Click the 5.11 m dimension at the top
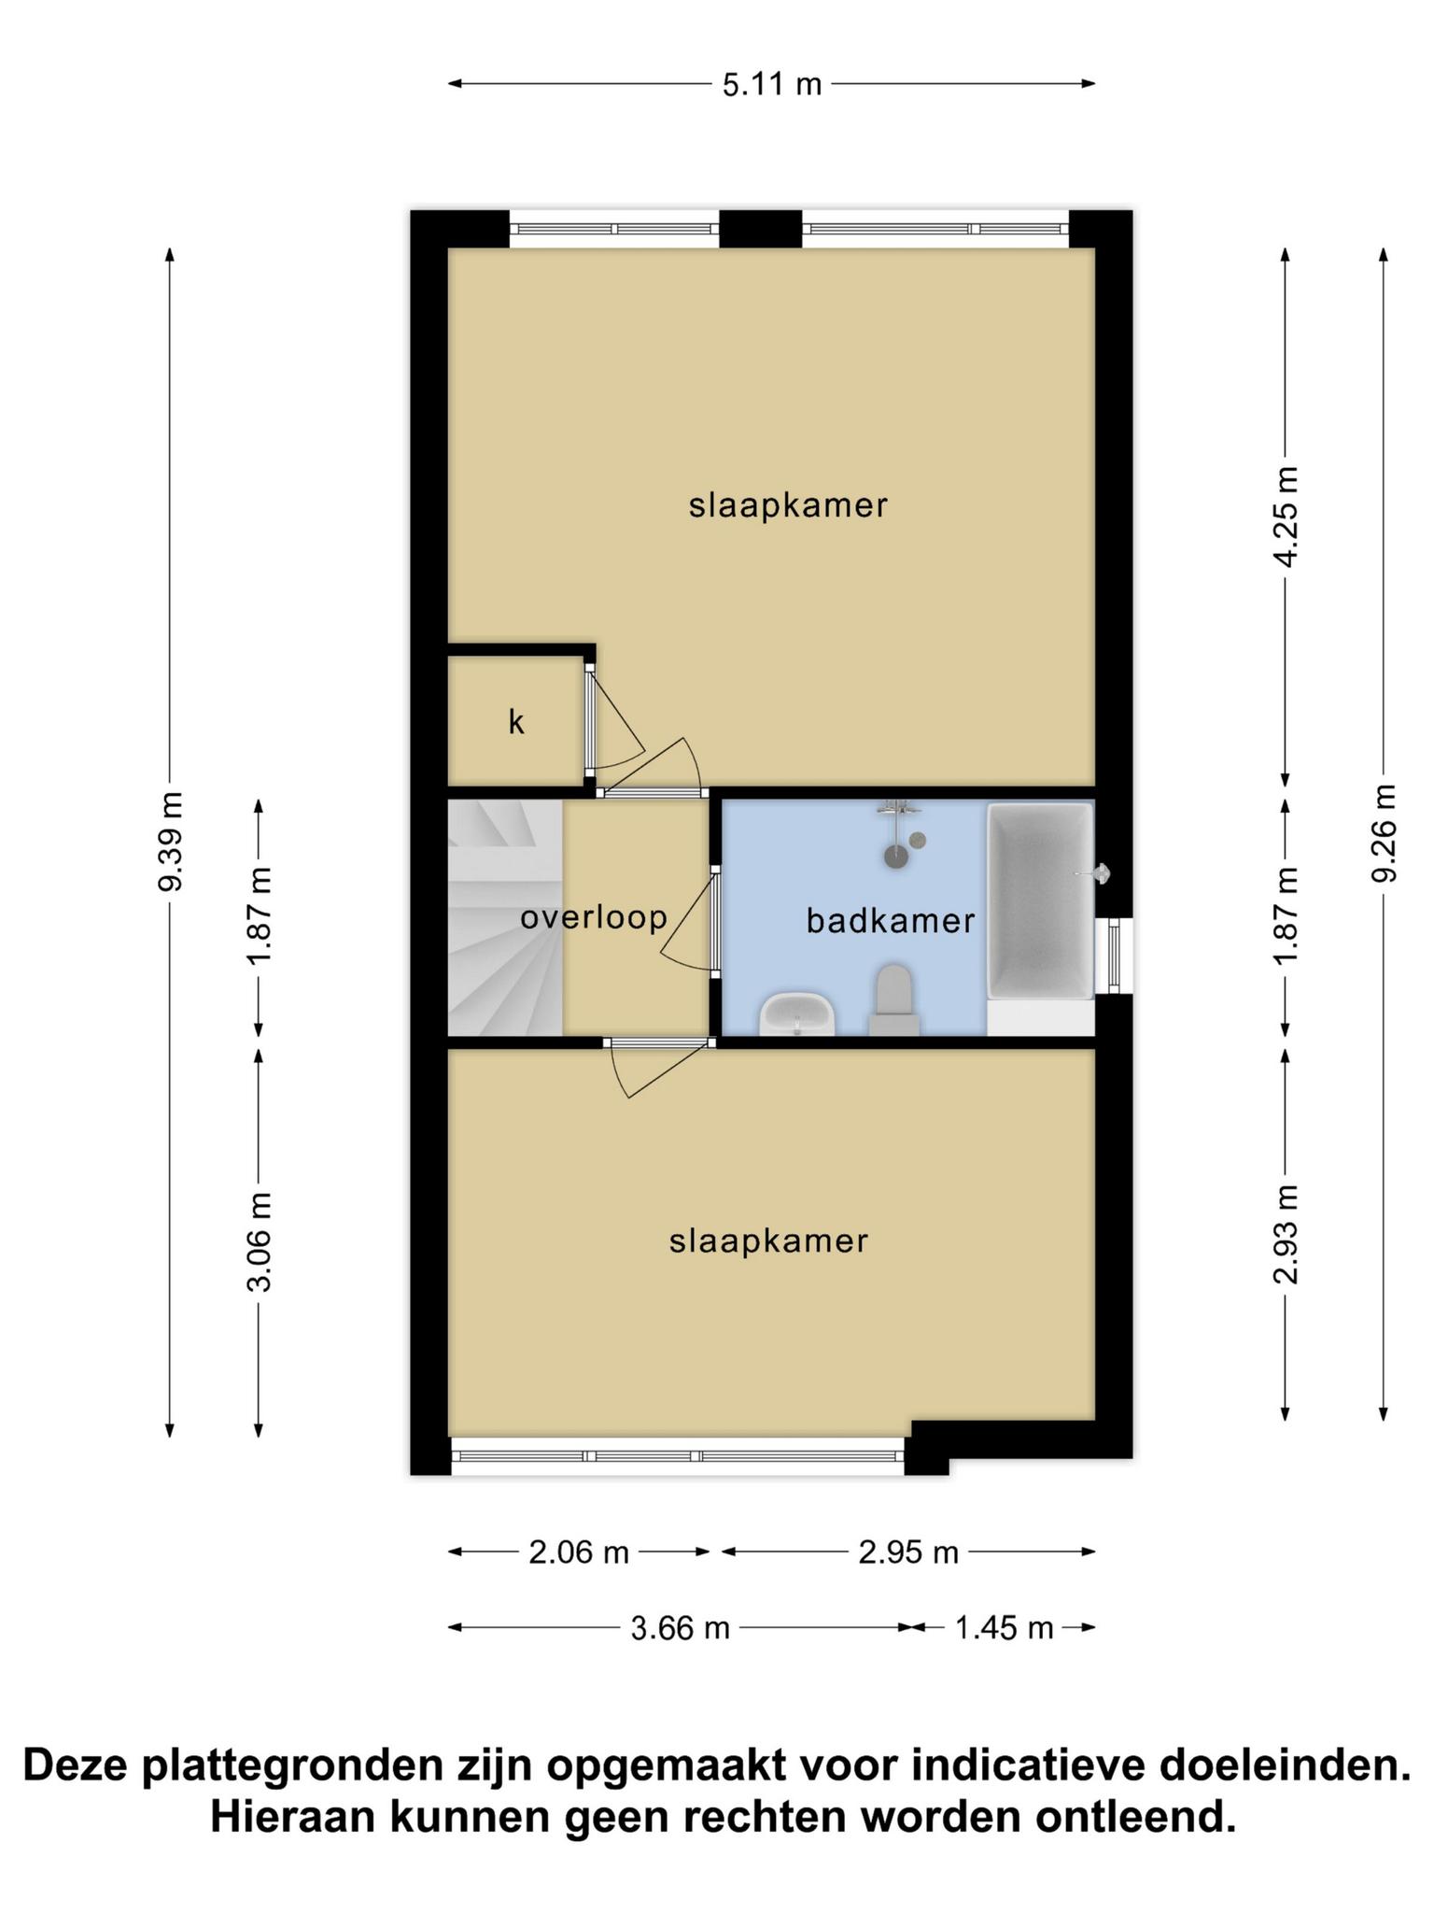772,85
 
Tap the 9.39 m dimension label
171,841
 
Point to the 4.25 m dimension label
1286,517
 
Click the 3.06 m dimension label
260,1242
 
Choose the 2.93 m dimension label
1286,1234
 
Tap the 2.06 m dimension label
579,1552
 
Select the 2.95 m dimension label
908,1552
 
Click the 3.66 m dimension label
680,1628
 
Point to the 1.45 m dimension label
1004,1628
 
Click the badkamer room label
891,922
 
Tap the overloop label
594,918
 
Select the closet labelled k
516,721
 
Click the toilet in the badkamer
894,1000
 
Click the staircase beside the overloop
505,917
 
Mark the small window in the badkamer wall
1114,956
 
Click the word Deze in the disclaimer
77,1766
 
